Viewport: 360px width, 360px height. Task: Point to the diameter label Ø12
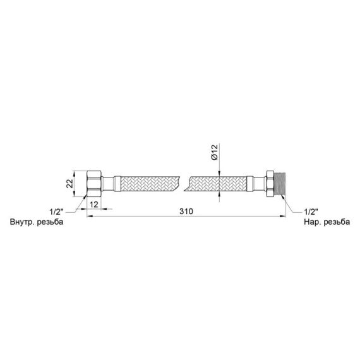point(215,153)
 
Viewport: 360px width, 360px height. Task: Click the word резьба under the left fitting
point(53,223)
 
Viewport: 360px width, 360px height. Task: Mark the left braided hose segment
point(148,183)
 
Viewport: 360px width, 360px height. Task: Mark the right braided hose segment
point(217,183)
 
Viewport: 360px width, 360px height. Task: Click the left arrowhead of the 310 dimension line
point(89,215)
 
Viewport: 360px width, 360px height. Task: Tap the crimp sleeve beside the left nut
point(111,183)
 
